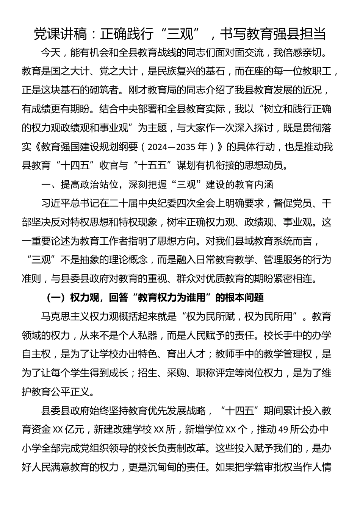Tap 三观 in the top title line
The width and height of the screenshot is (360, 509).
click(x=180, y=34)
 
